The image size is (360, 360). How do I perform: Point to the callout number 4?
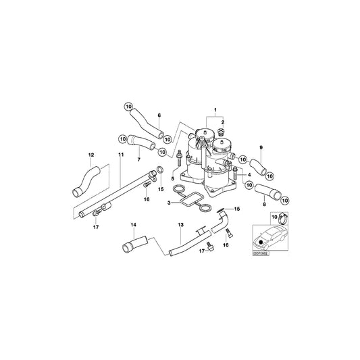pyautogui.click(x=250, y=175)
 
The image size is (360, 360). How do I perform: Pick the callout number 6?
pyautogui.click(x=159, y=116)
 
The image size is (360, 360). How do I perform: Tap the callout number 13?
pyautogui.click(x=181, y=224)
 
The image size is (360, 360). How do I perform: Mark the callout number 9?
pyautogui.click(x=261, y=148)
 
